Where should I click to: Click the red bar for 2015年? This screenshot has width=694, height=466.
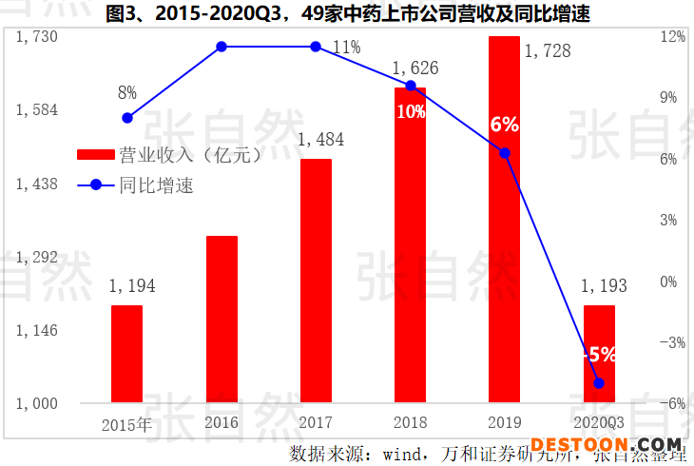(x=126, y=354)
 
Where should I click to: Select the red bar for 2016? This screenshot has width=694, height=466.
(x=222, y=319)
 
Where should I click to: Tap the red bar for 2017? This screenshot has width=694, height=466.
(x=316, y=281)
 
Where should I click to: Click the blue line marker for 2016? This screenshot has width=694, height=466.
(x=222, y=47)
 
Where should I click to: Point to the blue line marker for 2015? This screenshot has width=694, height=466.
(x=127, y=117)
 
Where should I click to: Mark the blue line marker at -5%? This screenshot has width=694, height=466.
(x=599, y=383)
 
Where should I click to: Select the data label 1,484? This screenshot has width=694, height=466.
(x=321, y=140)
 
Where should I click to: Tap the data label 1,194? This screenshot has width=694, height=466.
(x=131, y=286)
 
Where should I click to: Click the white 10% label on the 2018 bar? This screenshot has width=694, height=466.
(x=411, y=111)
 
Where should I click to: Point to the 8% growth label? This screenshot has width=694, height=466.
(x=127, y=93)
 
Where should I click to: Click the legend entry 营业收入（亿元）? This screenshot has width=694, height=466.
(x=171, y=154)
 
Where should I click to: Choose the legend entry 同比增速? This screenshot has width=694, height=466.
(x=157, y=185)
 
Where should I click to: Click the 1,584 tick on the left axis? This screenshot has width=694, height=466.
(x=38, y=110)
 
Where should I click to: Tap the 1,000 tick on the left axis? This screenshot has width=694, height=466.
(x=38, y=403)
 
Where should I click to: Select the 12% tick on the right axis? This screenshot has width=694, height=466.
(x=672, y=36)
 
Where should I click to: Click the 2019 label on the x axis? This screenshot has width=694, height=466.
(x=505, y=422)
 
